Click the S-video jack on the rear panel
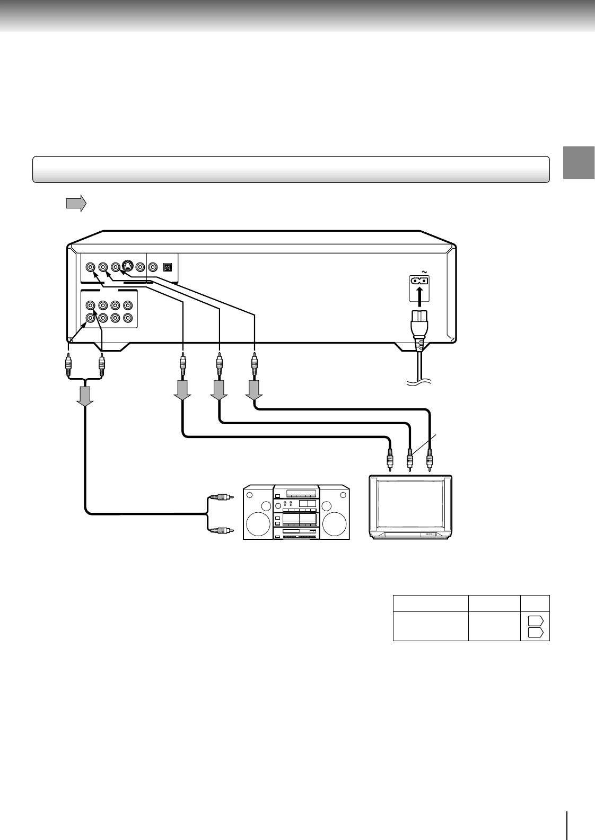pyautogui.click(x=127, y=267)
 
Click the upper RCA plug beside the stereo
pyautogui.click(x=222, y=497)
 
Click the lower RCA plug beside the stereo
pyautogui.click(x=222, y=529)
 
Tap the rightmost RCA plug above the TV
pyautogui.click(x=430, y=458)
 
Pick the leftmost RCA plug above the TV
pyautogui.click(x=390, y=458)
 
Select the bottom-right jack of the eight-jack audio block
pyautogui.click(x=127, y=318)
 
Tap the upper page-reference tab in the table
pyautogui.click(x=535, y=621)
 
